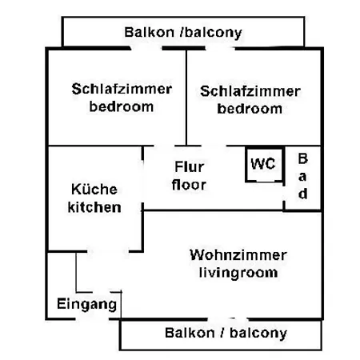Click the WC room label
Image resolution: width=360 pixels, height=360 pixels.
point(263,163)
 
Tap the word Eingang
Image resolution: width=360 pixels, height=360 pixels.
point(87,304)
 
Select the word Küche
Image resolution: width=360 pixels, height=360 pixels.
point(94,189)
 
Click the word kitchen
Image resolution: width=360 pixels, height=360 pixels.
point(94,207)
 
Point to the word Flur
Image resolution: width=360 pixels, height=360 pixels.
point(190,167)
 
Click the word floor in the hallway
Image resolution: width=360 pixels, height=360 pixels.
point(189,185)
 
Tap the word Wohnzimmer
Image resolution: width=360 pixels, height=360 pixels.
point(238,255)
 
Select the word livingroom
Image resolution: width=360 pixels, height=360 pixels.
point(238,273)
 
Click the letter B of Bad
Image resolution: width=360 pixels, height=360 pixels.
point(302,158)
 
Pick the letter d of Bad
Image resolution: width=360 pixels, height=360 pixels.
point(302,194)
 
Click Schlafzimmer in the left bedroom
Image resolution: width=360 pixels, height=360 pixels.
point(122,89)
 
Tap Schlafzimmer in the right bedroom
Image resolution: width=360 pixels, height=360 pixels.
point(250,91)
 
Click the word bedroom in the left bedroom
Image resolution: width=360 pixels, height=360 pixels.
point(122,106)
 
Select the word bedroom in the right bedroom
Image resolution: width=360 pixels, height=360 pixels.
point(250,109)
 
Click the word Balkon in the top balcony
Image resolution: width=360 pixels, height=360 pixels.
point(149,32)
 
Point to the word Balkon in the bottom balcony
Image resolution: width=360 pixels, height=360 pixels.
point(190,333)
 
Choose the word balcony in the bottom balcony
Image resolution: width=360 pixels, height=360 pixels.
point(258,334)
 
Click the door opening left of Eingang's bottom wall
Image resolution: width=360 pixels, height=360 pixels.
point(92,318)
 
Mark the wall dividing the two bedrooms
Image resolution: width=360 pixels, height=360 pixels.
point(186,98)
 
